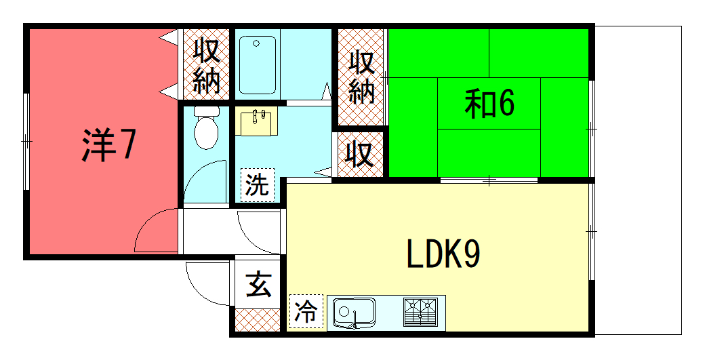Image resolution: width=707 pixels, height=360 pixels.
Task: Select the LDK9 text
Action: point(443,255)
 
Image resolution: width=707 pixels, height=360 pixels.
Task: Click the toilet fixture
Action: point(205,127)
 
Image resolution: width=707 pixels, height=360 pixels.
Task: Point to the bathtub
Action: point(258,64)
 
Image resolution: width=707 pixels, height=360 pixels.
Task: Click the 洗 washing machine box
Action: point(257,185)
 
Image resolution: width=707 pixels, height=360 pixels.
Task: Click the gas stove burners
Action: point(420,312)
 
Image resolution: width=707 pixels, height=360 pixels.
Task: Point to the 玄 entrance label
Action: point(258,284)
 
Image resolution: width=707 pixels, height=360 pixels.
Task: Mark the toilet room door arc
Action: point(207,181)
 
